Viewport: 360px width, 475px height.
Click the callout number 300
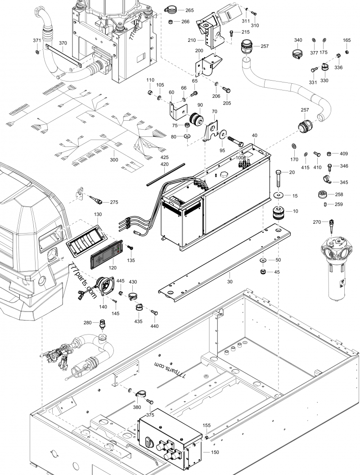pos(114,160)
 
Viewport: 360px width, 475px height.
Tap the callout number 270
pos(316,222)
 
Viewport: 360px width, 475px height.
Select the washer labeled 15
pos(278,195)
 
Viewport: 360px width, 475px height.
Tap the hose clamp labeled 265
pos(171,9)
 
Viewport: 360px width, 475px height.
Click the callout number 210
pos(192,41)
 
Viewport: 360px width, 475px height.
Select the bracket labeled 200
pos(208,66)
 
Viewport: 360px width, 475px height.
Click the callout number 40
pos(255,136)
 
